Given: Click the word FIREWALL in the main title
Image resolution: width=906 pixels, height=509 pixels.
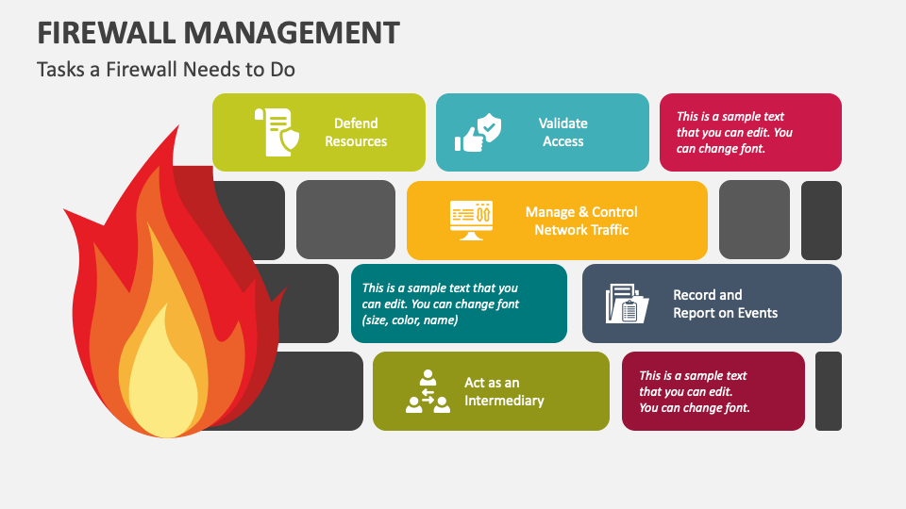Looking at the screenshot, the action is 107,32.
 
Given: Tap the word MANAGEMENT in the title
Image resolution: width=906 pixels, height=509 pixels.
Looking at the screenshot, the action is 292,32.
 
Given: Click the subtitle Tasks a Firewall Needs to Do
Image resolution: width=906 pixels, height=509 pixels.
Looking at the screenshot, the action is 166,69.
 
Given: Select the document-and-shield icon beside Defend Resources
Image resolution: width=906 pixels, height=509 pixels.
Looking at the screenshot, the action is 277,132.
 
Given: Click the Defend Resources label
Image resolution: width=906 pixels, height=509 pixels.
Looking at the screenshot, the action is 356,132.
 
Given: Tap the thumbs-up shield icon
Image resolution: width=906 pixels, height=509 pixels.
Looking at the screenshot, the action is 478,132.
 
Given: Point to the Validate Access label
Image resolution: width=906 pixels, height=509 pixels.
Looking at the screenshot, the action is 562,132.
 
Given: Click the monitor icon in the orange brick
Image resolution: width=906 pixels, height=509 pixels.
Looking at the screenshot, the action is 472,221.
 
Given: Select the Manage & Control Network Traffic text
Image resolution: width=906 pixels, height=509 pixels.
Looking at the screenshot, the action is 581,221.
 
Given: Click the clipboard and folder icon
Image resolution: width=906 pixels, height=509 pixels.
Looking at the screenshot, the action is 627,304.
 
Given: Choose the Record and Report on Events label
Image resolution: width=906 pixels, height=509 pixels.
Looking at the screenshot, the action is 725,304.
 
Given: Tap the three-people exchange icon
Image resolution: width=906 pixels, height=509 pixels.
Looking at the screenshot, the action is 428,391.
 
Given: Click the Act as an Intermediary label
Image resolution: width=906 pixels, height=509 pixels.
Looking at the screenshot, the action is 504,391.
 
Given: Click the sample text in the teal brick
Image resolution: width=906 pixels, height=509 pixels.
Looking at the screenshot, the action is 441,304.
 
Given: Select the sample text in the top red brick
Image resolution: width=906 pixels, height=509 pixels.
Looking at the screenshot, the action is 734,132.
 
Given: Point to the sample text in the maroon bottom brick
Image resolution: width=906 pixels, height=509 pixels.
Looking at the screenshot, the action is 694,391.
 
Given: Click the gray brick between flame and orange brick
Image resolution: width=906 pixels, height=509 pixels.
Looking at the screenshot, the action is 345,220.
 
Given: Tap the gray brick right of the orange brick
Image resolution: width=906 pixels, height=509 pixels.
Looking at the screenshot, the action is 754,220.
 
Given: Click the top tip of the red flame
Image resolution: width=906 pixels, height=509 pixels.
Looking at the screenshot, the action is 178,125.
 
